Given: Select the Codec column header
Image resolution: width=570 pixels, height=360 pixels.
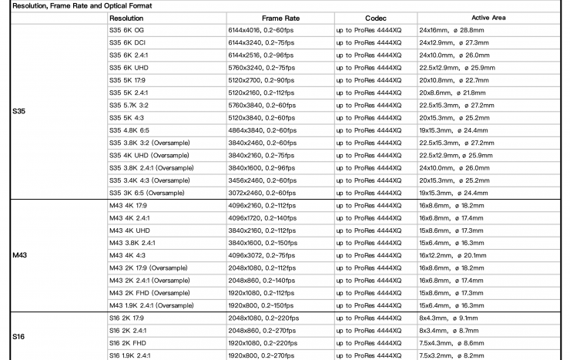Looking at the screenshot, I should [x=376, y=17].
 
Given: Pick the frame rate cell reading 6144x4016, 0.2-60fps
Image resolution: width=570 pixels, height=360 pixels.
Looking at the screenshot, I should [x=263, y=29].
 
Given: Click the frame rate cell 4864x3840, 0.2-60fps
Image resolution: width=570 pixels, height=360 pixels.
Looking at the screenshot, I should [x=263, y=130].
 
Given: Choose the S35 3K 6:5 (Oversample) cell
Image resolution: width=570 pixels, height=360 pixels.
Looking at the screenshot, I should [x=148, y=193].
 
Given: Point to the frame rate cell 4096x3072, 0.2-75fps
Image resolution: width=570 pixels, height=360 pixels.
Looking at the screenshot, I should [x=263, y=254].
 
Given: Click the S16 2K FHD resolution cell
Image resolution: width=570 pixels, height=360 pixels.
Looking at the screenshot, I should [x=129, y=342].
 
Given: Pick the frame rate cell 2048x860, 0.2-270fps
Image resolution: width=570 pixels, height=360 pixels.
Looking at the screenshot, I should [x=264, y=330].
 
